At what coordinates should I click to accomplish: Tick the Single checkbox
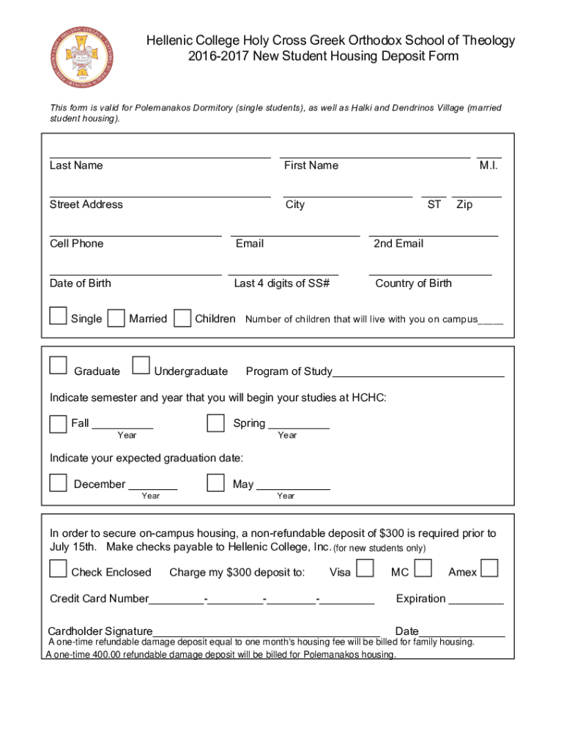pyautogui.click(x=58, y=316)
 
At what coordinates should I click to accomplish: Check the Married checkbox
pyautogui.click(x=116, y=318)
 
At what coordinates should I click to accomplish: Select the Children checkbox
pyautogui.click(x=184, y=317)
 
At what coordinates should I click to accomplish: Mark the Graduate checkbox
pyautogui.click(x=58, y=365)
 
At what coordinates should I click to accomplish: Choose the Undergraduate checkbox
pyautogui.click(x=141, y=365)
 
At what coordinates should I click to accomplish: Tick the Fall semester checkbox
pyautogui.click(x=58, y=424)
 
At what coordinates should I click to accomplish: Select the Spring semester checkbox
pyautogui.click(x=215, y=423)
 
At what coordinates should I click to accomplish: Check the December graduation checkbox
pyautogui.click(x=58, y=483)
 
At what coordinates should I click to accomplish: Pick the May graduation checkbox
pyautogui.click(x=215, y=483)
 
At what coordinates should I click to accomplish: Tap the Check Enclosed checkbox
pyautogui.click(x=58, y=569)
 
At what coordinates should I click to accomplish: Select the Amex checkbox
pyautogui.click(x=490, y=568)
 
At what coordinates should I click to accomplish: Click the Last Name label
pyautogui.click(x=76, y=166)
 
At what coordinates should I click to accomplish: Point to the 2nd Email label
pyautogui.click(x=398, y=244)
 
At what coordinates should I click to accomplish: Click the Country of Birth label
pyautogui.click(x=413, y=283)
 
